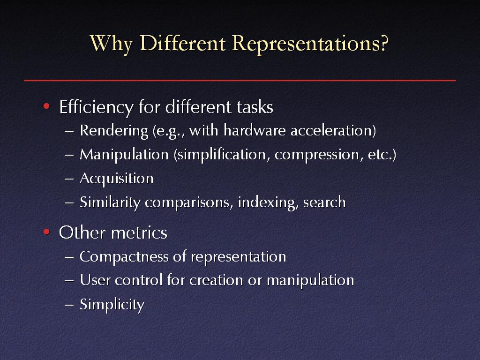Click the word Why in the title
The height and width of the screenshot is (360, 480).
(x=112, y=44)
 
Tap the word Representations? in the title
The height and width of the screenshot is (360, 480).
(x=310, y=44)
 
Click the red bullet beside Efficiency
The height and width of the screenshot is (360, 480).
(x=46, y=106)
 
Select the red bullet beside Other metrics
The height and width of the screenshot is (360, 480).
(x=46, y=232)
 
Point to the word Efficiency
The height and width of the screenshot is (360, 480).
(x=97, y=107)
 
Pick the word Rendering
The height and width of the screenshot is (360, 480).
(x=114, y=131)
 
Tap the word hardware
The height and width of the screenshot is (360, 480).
(x=255, y=130)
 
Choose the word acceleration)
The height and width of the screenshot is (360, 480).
(x=333, y=131)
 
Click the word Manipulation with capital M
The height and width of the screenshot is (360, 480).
(x=124, y=155)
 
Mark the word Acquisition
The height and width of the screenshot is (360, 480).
(x=117, y=179)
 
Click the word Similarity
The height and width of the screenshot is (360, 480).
(x=110, y=202)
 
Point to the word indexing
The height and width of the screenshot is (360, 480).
(x=268, y=202)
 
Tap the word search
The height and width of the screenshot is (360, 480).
(x=324, y=202)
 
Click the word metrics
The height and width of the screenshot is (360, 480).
(x=139, y=232)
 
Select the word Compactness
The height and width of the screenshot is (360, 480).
(x=124, y=257)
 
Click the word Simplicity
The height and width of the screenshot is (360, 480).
(x=112, y=305)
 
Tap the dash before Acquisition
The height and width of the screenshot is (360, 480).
(x=69, y=179)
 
